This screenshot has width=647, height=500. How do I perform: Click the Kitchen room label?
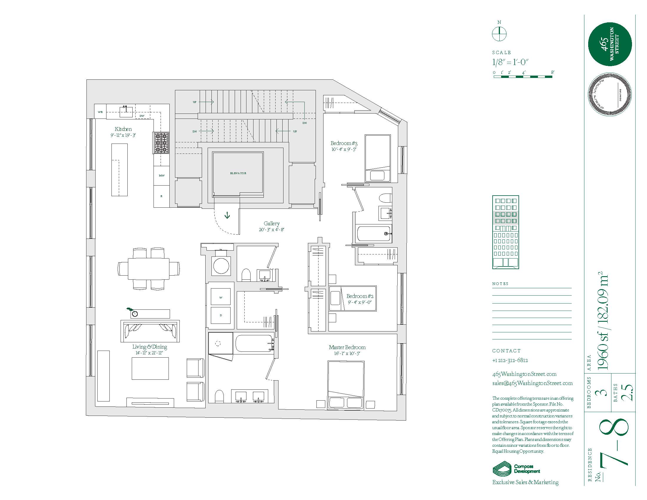123,129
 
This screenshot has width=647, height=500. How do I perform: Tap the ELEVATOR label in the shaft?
238,173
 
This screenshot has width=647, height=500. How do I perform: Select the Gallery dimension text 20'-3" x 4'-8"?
271,230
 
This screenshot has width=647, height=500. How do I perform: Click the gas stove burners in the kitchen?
161,143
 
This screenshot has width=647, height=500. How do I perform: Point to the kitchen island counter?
119,170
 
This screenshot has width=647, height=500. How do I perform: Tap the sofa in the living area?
150,331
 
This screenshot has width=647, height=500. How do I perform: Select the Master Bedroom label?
347,347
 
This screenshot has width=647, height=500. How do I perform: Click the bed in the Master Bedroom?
346,385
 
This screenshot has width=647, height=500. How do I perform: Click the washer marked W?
221,297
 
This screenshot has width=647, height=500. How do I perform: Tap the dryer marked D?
221,316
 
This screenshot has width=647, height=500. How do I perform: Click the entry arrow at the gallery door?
227,215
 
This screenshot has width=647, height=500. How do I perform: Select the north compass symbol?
499,34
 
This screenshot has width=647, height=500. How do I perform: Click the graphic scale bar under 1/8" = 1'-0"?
523,77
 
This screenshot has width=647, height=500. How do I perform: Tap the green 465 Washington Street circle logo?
610,44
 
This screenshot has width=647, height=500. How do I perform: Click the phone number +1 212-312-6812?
510,360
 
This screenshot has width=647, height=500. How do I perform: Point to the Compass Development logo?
516,469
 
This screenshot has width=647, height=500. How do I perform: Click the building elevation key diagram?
505,232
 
